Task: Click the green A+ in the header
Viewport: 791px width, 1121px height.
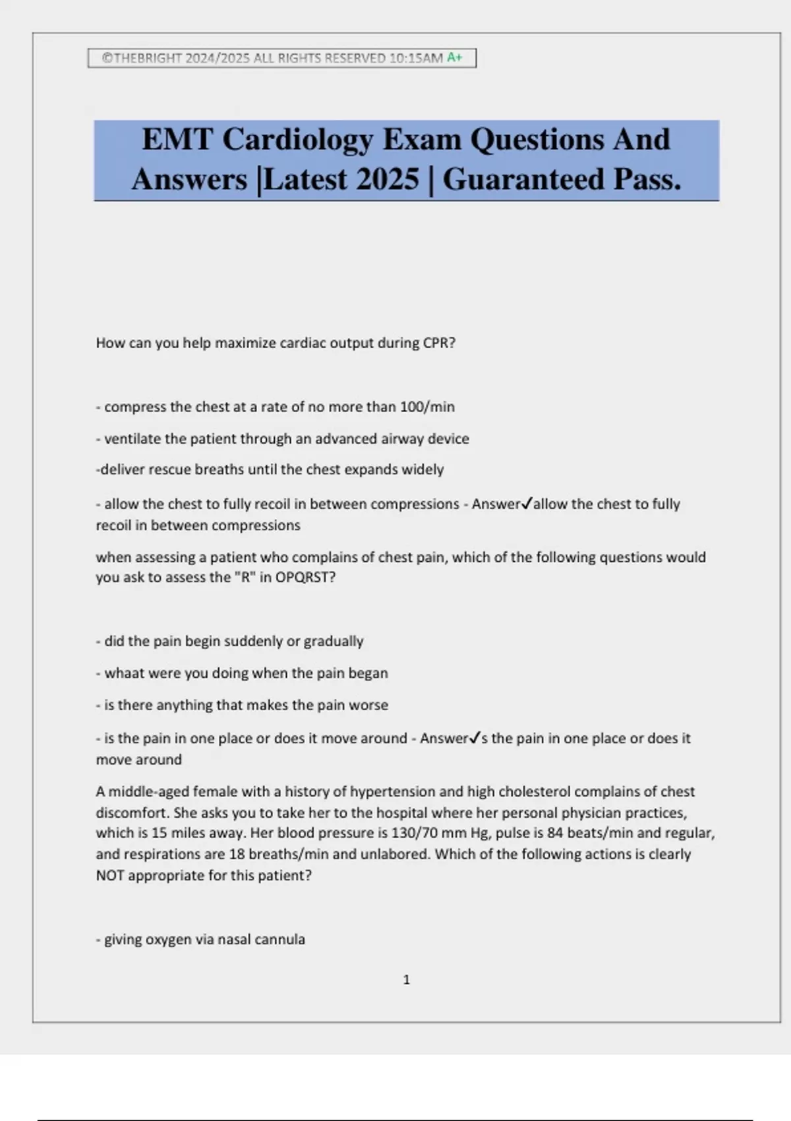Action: [455, 58]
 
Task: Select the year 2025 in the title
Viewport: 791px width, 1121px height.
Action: [387, 179]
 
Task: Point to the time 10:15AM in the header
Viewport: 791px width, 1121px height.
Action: [416, 58]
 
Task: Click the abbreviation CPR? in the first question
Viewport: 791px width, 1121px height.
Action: [438, 343]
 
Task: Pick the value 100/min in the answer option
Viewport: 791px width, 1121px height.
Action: [427, 407]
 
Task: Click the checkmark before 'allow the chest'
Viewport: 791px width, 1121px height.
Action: [527, 504]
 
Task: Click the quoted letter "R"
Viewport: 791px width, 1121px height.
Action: [245, 578]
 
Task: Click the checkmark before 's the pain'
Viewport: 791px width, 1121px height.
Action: [475, 738]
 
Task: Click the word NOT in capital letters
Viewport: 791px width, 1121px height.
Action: [110, 876]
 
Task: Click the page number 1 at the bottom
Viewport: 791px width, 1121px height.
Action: [406, 980]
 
